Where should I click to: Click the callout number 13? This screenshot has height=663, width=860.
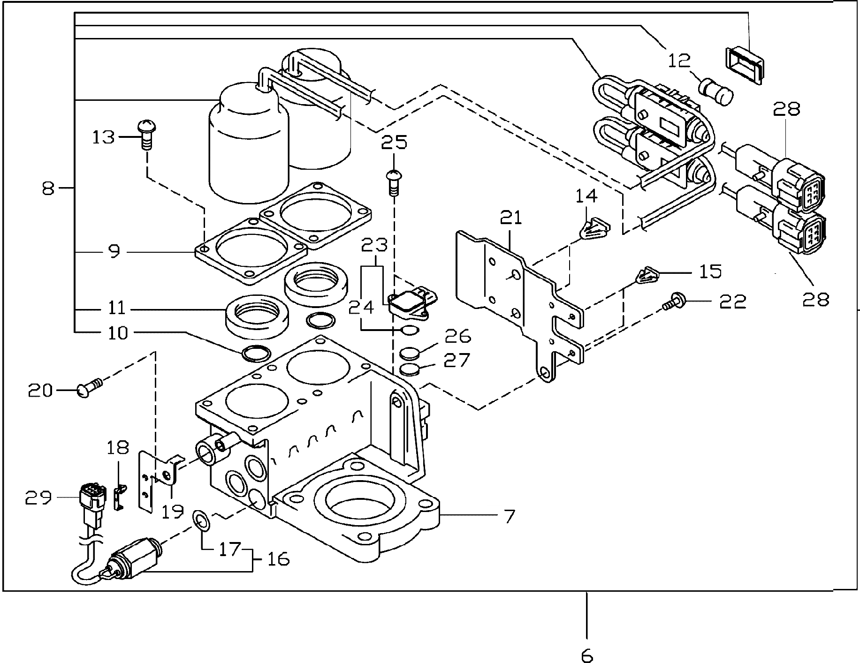(103, 137)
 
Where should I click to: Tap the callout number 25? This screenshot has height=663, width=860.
(395, 142)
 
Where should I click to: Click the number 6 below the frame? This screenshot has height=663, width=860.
(587, 655)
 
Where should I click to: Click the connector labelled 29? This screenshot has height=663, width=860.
(90, 502)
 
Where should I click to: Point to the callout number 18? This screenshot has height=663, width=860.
(117, 448)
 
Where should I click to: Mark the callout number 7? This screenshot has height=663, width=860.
(509, 516)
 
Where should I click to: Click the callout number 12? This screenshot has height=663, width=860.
(679, 60)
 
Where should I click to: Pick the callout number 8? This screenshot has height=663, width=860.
(48, 189)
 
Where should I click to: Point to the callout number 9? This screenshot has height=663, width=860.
(114, 252)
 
